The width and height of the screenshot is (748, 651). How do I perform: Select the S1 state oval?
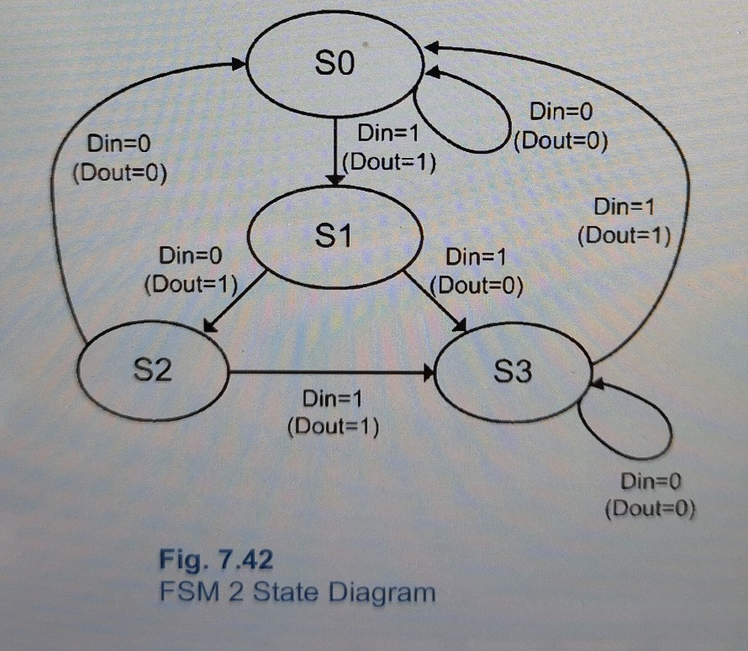334,238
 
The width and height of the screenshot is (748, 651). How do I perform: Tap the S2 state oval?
153,370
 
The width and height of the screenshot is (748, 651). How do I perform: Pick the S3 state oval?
512,370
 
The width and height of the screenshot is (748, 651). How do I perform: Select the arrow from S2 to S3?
332,371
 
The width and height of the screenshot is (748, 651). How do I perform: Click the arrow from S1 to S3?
435,300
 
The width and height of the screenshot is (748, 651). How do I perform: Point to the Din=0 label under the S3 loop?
651,481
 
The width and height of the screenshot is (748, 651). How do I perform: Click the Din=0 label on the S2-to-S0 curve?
119,144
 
